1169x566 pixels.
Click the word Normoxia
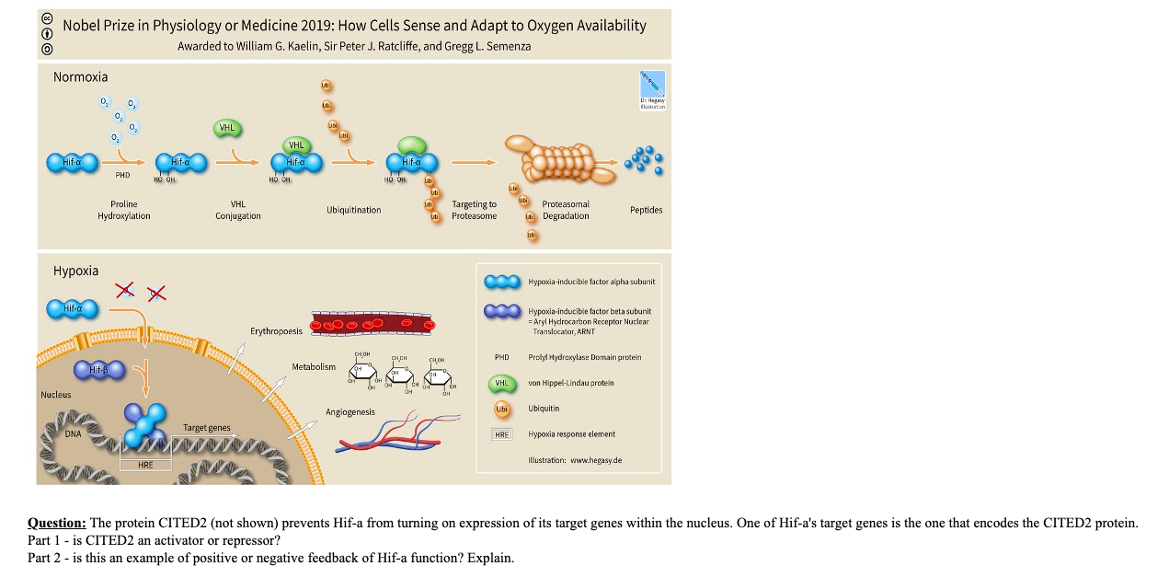[x=80, y=77]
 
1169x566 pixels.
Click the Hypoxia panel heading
[x=75, y=271]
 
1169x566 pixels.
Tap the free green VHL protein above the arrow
[x=226, y=129]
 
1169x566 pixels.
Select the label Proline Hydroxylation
[x=124, y=210]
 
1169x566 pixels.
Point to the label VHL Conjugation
[x=238, y=210]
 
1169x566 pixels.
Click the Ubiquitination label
[x=353, y=210]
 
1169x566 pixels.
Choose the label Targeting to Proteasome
[x=474, y=210]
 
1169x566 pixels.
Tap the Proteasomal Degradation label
[x=566, y=210]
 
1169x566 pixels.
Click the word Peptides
[x=646, y=210]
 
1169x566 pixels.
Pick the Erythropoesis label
[x=276, y=330]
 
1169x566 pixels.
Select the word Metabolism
[x=314, y=367]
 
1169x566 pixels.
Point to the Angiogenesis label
[x=350, y=411]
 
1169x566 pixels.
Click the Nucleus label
[x=55, y=395]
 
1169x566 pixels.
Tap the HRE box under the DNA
[x=145, y=465]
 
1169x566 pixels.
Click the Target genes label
[x=207, y=428]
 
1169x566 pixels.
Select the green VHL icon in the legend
[x=501, y=383]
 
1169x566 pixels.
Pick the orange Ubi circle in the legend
[x=501, y=409]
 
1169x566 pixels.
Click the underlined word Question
[x=57, y=523]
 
